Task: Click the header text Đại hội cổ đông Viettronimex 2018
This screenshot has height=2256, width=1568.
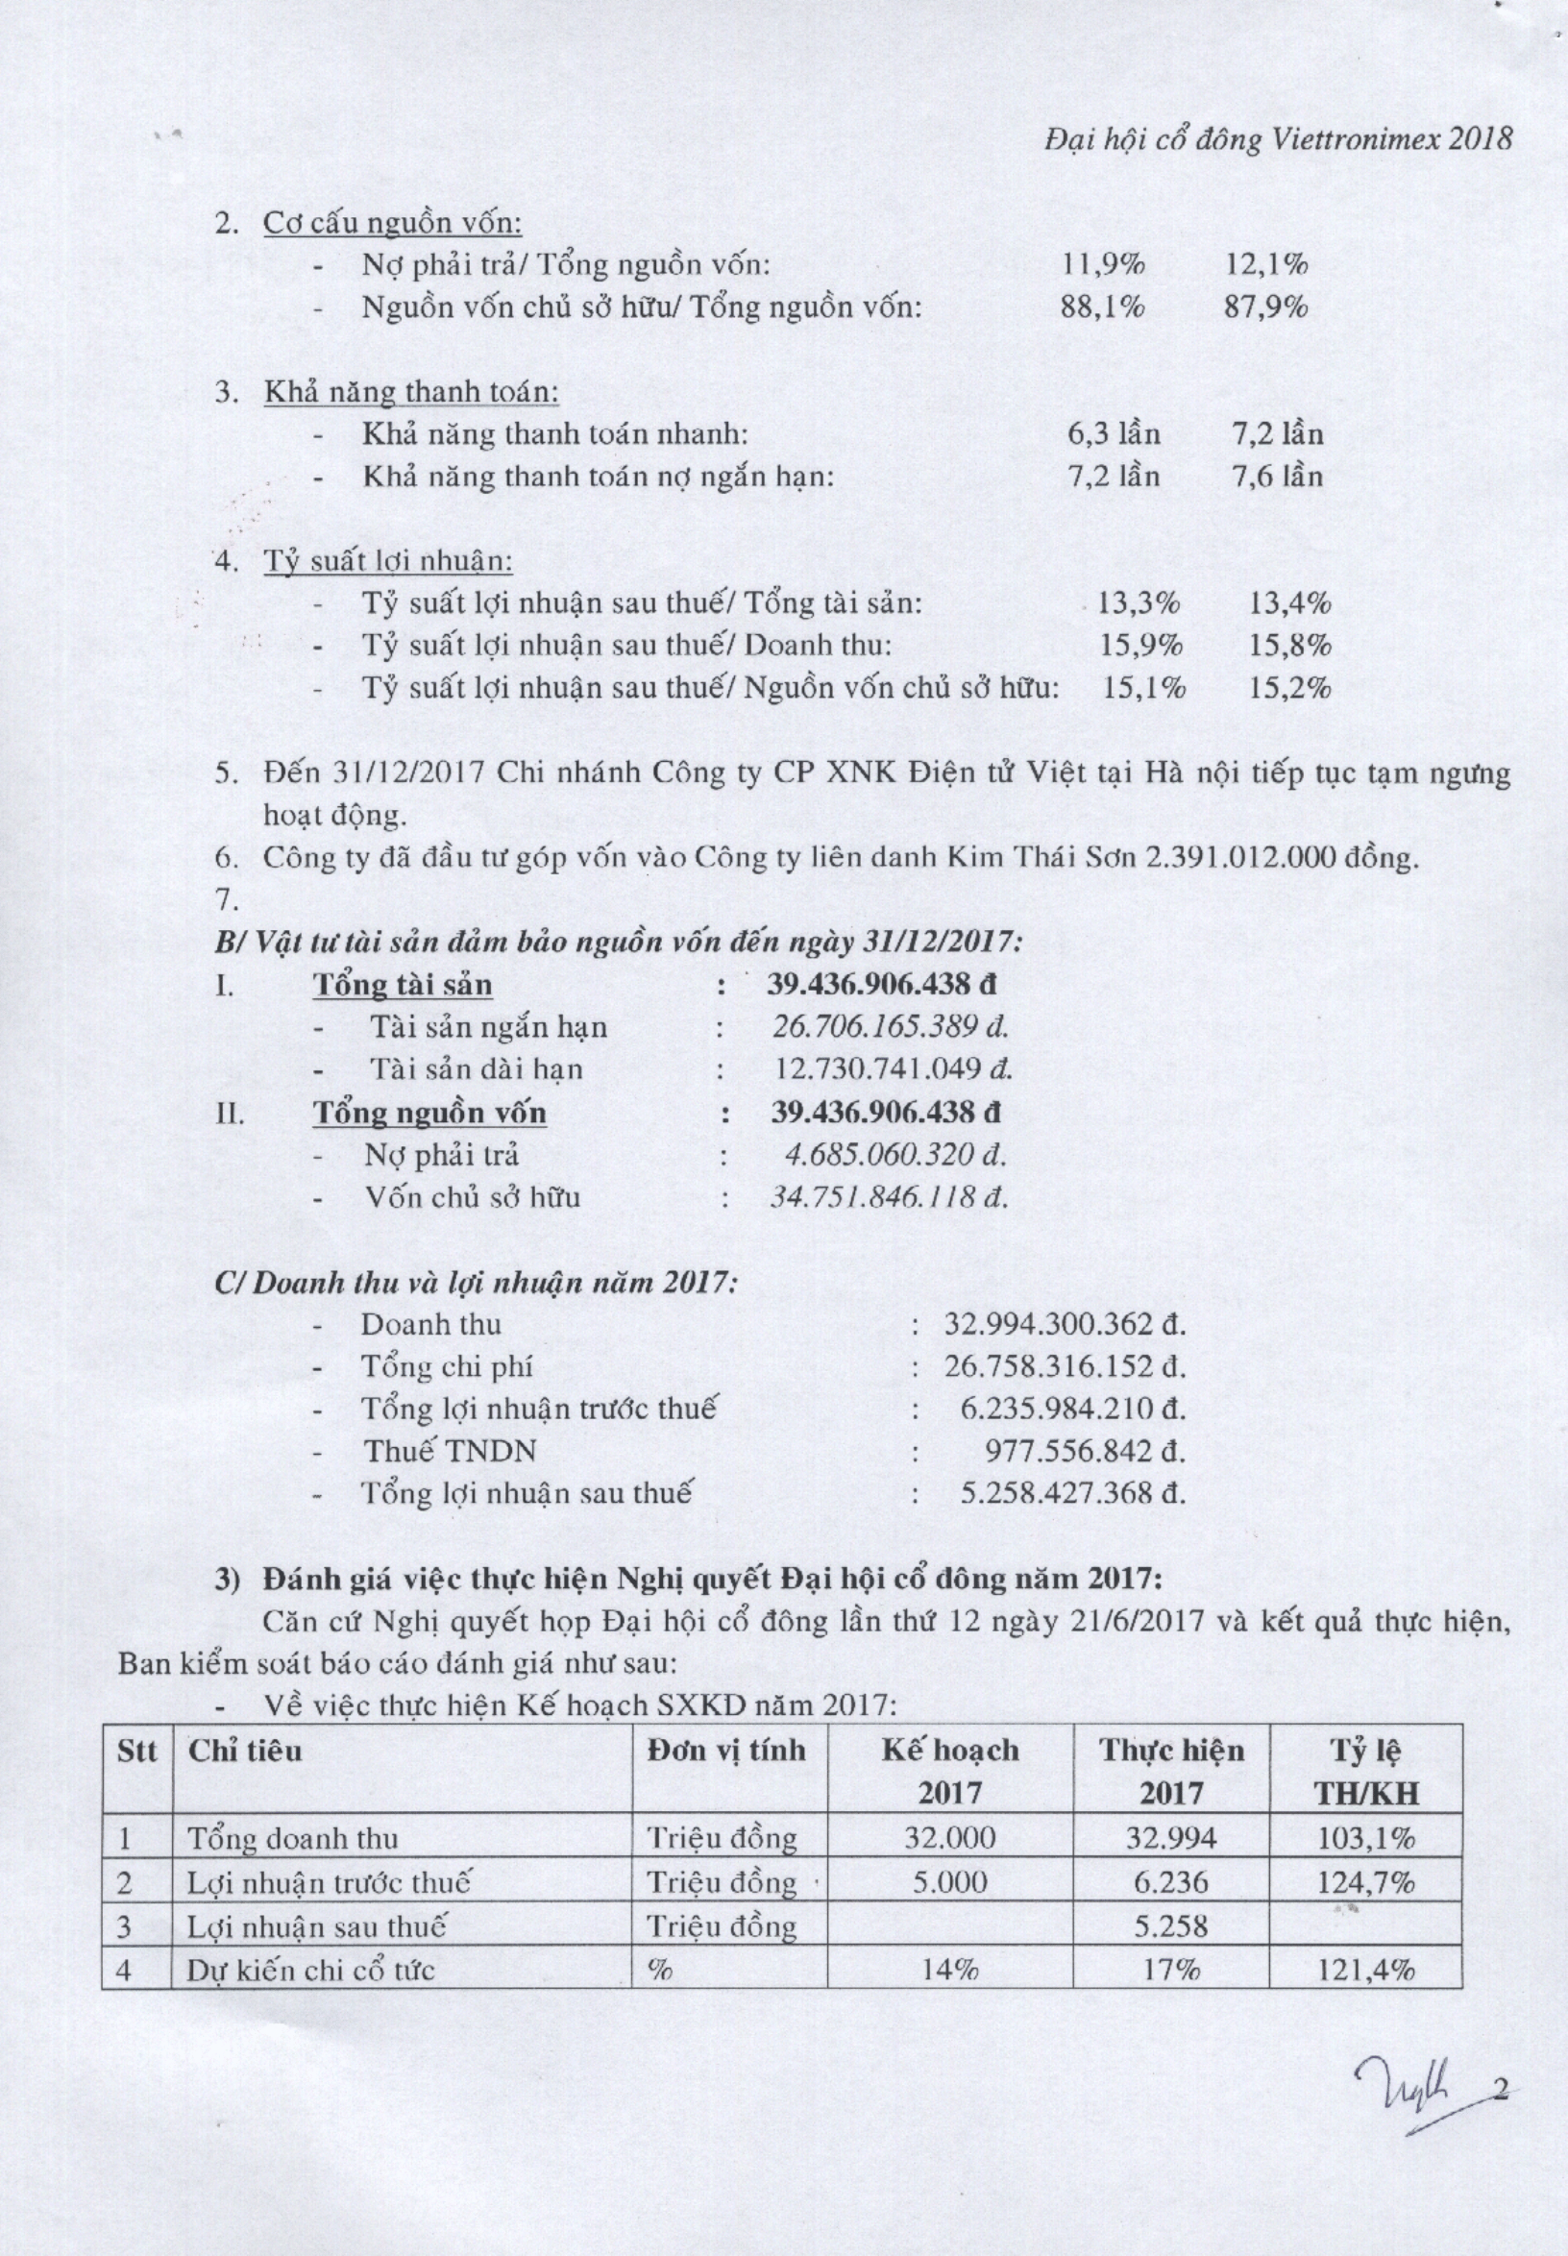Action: (1277, 139)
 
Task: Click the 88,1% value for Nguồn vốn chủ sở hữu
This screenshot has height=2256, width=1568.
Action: (1103, 307)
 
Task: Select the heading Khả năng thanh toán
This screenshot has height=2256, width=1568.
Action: (410, 392)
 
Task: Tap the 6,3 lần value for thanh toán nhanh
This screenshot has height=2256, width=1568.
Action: (1114, 433)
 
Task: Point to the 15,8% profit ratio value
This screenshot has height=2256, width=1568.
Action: (1290, 646)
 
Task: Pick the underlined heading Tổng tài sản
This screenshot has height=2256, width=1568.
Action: (403, 985)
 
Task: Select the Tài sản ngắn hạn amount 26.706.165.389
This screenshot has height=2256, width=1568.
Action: (890, 1028)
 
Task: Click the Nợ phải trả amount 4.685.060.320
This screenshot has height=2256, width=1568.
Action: (895, 1155)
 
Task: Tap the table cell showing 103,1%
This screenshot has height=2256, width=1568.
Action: (1365, 1838)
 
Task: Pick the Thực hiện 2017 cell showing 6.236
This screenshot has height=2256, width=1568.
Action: (1170, 1882)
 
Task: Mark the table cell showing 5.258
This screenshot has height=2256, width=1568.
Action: (1170, 1925)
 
